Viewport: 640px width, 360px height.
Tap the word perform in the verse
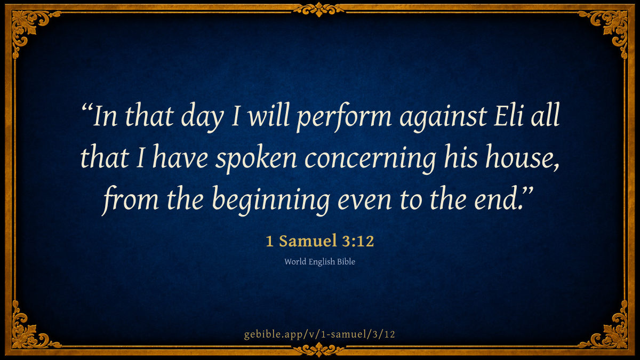click(344, 117)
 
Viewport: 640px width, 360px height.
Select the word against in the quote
click(443, 118)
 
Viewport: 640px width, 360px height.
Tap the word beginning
click(271, 201)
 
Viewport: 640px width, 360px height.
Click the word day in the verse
click(202, 117)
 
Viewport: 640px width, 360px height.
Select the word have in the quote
click(180, 157)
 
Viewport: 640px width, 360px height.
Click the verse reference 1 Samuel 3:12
click(319, 241)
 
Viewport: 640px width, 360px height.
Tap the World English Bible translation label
click(319, 262)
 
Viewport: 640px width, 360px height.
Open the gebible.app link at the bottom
click(319, 334)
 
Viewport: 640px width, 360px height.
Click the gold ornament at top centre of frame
click(319, 10)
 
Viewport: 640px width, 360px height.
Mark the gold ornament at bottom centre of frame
click(319, 350)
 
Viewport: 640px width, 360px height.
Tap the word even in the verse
click(365, 201)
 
